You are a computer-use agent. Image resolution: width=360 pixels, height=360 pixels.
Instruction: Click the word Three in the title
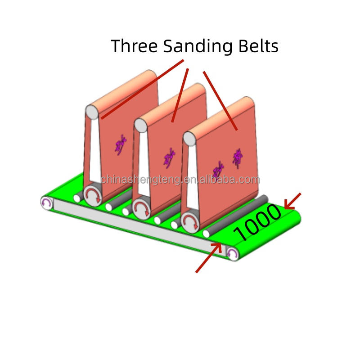click(x=134, y=46)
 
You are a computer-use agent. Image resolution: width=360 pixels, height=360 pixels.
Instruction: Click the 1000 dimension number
click(x=257, y=223)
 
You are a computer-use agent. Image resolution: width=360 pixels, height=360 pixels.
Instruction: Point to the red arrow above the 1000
click(x=292, y=201)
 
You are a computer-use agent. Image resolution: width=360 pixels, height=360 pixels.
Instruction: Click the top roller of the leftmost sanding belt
click(x=92, y=112)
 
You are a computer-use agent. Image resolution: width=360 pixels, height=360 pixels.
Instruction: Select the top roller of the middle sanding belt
click(x=140, y=125)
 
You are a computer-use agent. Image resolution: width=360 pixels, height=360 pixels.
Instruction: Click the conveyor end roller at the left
click(x=46, y=203)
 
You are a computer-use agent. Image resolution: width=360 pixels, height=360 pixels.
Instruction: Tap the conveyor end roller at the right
click(x=232, y=254)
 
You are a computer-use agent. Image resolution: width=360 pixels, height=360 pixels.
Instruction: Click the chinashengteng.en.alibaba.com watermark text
click(x=180, y=180)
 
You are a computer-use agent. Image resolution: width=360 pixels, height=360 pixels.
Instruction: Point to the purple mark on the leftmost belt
click(x=120, y=145)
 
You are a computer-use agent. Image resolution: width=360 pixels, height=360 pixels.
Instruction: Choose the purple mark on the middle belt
click(x=169, y=158)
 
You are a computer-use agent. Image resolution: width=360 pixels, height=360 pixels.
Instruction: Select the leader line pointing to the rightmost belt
click(x=220, y=101)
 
